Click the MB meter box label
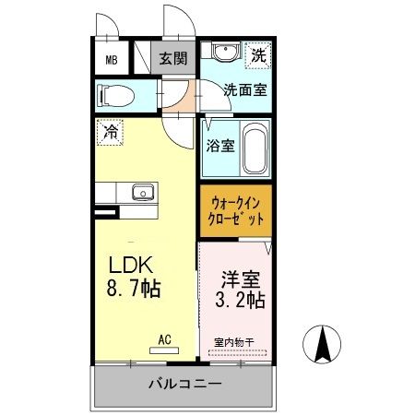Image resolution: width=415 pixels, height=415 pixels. coord(111,61)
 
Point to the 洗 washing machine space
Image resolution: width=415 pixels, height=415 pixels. coord(259,55)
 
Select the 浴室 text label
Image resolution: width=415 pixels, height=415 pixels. coord(219,145)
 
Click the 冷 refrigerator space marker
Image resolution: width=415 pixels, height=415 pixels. coord(109,131)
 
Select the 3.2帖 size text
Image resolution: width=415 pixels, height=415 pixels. coord(240,300)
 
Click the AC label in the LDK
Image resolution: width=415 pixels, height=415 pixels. coord(165,339)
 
